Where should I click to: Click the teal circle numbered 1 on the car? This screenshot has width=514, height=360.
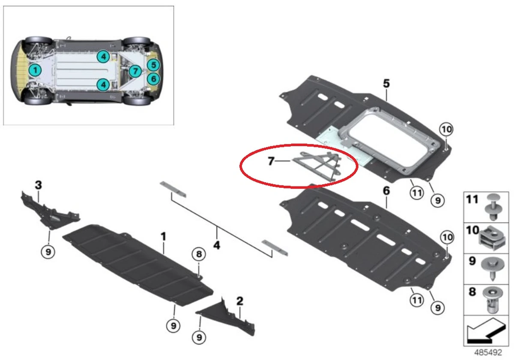point(35,70)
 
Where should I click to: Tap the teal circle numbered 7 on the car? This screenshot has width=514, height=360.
point(135,71)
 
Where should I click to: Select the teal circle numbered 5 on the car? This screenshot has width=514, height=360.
point(153,65)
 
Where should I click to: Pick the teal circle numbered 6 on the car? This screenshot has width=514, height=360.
point(153,79)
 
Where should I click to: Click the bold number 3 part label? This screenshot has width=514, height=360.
point(38,185)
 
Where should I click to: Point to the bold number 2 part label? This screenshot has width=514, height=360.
point(240,301)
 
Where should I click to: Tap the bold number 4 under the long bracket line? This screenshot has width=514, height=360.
point(217,246)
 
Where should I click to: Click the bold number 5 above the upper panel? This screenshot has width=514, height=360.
point(386,83)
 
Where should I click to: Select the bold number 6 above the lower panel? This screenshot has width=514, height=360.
point(386,191)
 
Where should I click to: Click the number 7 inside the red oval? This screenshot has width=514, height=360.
point(271,161)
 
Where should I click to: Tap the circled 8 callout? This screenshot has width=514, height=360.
point(199,254)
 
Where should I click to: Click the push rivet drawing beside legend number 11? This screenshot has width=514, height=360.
point(493,207)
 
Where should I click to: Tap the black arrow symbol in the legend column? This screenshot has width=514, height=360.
point(486,331)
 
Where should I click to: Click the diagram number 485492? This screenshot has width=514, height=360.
point(488,352)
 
